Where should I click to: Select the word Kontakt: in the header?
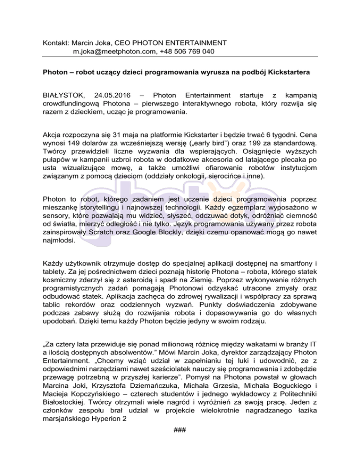click(55, 42)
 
